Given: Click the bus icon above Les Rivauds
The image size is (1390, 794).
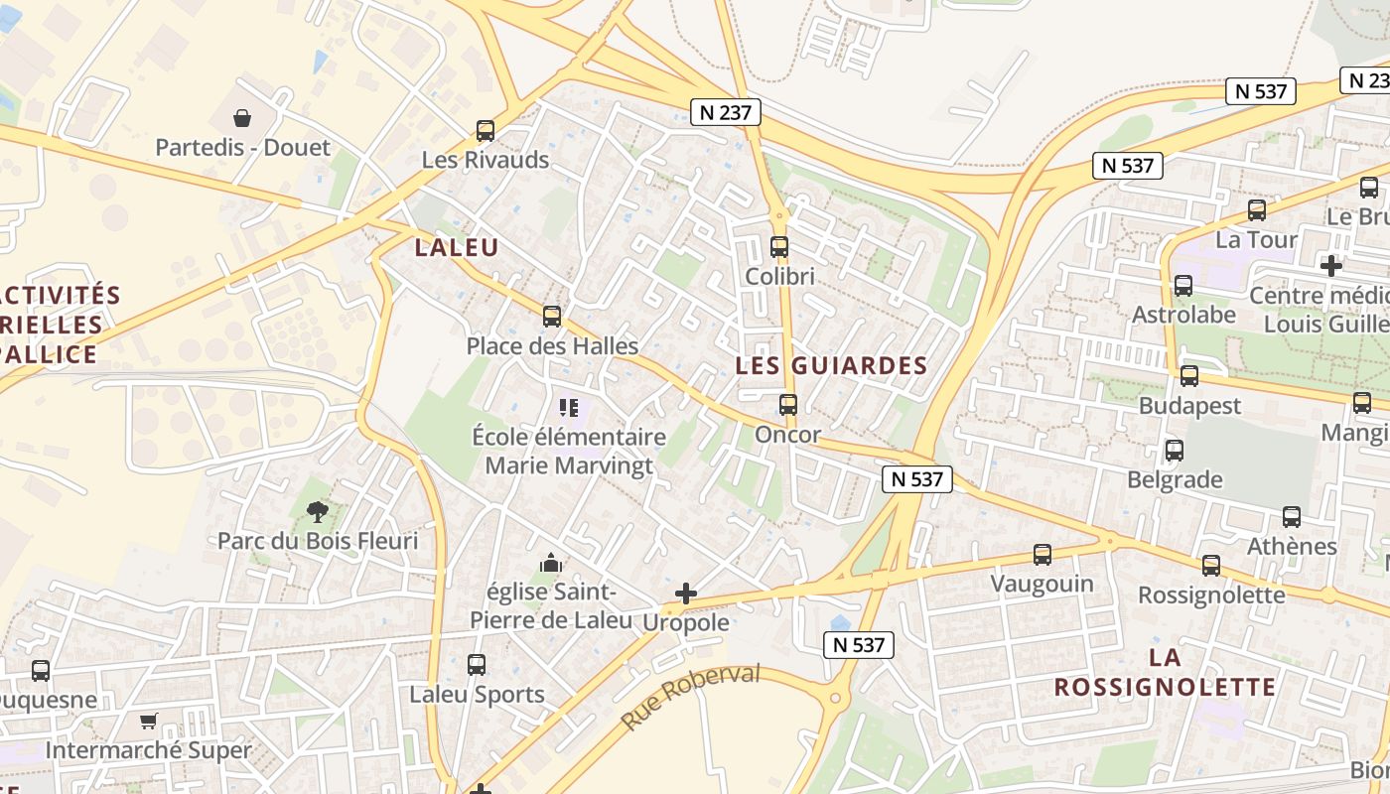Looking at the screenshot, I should click(x=486, y=130).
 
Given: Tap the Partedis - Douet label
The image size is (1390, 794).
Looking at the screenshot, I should click(x=242, y=148).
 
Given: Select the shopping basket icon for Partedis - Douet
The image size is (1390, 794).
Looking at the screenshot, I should click(x=242, y=118).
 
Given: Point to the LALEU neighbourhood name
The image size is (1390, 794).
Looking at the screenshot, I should click(x=457, y=248).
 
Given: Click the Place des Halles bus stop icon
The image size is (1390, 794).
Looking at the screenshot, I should click(x=552, y=317).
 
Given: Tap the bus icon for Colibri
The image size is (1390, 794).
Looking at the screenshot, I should click(x=779, y=247).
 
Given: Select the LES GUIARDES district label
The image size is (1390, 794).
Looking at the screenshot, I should click(x=831, y=365).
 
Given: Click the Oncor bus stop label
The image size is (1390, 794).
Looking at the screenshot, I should click(x=788, y=435).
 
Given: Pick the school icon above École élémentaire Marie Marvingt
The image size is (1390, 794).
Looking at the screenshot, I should click(x=569, y=407).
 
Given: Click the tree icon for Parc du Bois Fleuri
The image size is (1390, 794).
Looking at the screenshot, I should click(x=318, y=512).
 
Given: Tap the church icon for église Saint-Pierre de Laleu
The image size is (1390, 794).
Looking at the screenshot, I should click(x=551, y=564).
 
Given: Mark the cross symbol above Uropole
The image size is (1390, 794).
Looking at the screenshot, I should click(x=685, y=594).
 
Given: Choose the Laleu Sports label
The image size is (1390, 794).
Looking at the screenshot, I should click(x=478, y=695).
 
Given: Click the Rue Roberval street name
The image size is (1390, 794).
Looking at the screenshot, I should click(x=690, y=697).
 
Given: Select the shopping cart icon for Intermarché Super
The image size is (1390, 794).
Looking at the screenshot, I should click(x=149, y=721).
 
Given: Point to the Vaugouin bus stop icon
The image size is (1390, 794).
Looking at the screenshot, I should click(x=1042, y=555).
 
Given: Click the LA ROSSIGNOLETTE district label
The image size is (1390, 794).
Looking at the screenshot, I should click(x=1165, y=672).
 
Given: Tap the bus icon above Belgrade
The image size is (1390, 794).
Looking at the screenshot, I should click(x=1175, y=451).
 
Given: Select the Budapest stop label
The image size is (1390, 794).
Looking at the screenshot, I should click(x=1189, y=406).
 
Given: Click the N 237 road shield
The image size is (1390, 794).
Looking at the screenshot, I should click(x=726, y=112).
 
